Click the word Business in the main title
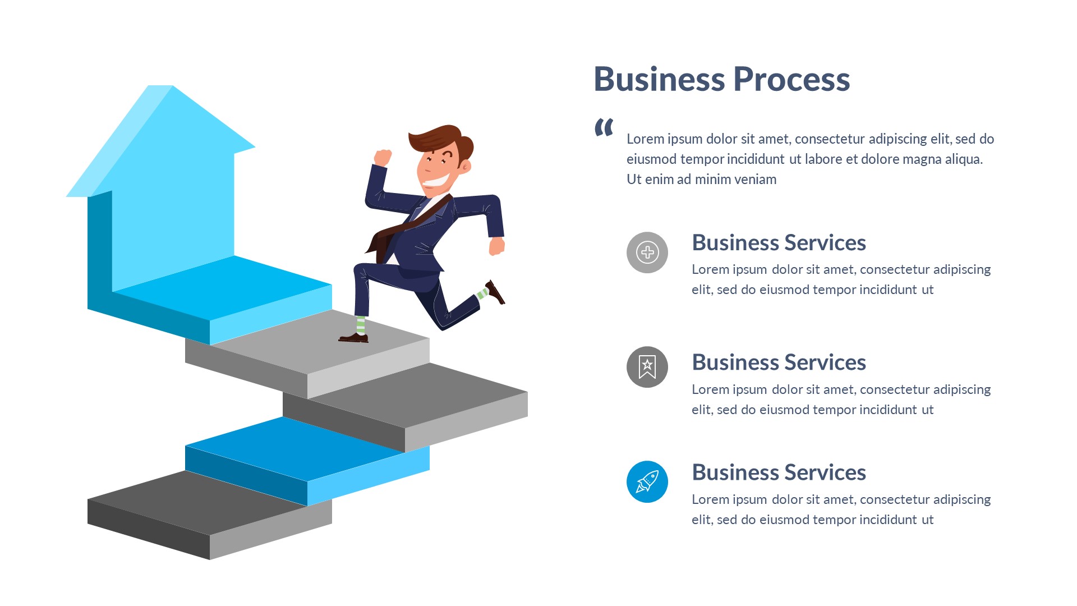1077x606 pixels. (659, 80)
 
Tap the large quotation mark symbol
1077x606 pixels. (604, 127)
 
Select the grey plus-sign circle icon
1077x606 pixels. (647, 252)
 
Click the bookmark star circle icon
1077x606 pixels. (647, 367)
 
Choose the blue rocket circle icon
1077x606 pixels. (647, 481)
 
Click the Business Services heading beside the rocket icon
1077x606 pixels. (779, 472)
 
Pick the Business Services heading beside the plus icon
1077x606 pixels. (779, 243)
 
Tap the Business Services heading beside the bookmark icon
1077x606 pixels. (779, 362)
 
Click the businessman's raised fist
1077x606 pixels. (383, 158)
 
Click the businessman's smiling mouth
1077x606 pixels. (436, 181)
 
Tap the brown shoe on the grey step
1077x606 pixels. (354, 337)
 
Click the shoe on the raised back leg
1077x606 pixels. (495, 292)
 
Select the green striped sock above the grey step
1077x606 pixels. (361, 325)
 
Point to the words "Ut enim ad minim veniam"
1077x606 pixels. (701, 180)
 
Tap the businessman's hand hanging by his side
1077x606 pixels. (497, 246)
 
